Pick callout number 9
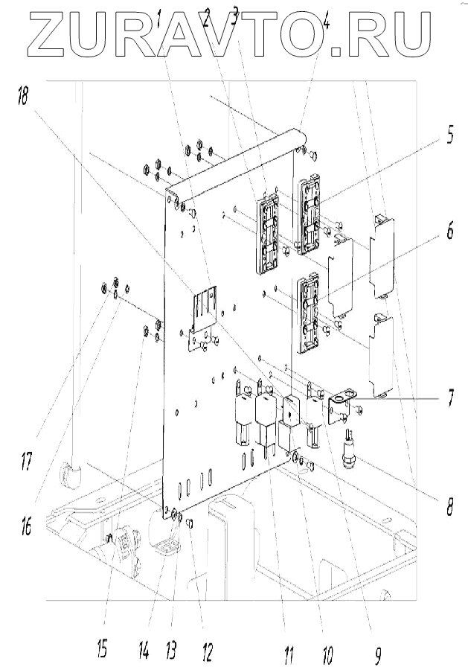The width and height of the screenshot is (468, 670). tap(378, 655)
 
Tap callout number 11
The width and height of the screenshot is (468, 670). tap(287, 655)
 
